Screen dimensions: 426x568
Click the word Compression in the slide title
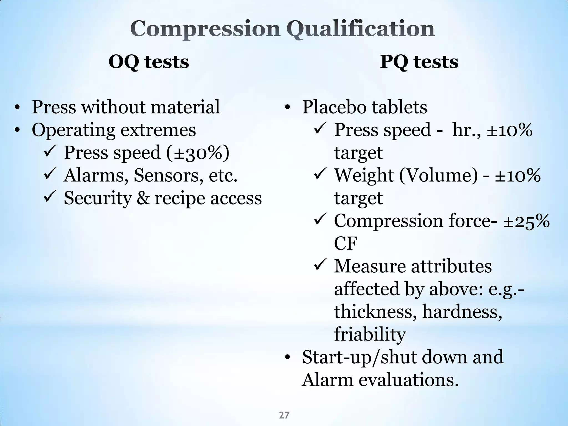[x=205, y=29]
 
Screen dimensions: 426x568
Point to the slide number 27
[x=284, y=415]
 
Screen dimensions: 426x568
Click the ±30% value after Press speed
[x=198, y=153]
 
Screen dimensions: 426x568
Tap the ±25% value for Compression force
[x=526, y=221]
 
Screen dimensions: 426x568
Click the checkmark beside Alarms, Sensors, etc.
[x=50, y=175]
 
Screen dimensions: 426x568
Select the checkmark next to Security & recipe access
[x=50, y=198]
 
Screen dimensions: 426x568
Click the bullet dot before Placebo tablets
[x=287, y=108]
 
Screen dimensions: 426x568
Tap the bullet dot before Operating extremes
[x=17, y=130]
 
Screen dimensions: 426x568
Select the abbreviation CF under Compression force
[x=346, y=244]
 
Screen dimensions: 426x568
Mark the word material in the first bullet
[x=185, y=107]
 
